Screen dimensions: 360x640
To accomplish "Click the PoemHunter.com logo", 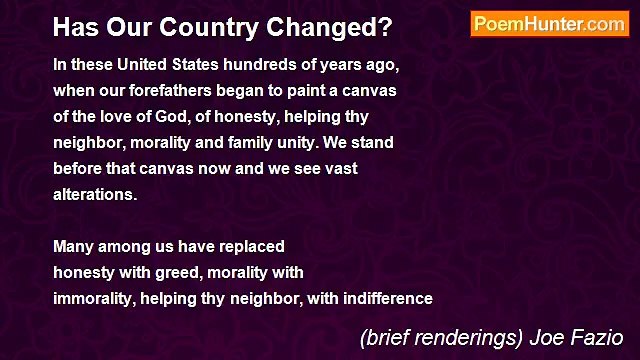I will coord(549,24).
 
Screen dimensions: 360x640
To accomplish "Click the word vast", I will coord(340,168).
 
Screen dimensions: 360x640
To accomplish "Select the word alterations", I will coord(94,194).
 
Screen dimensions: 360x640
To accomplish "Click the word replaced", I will coord(250,246).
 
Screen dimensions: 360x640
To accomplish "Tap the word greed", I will coord(177,272).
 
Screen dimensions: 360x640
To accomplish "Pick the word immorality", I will coord(97,298).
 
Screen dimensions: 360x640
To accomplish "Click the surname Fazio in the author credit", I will coord(599,338).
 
